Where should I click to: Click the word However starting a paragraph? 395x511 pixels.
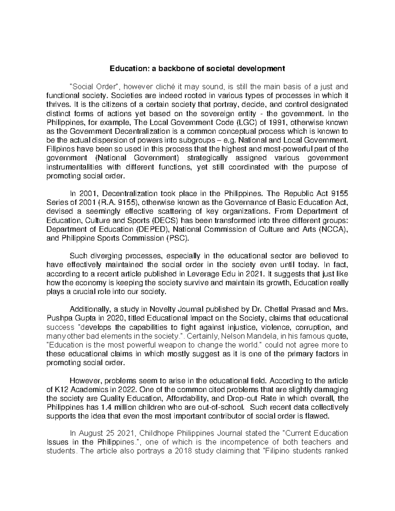pyautogui.click(x=83, y=381)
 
